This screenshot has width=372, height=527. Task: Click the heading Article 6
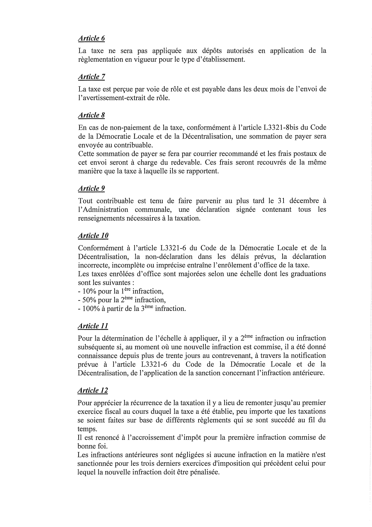point(91,38)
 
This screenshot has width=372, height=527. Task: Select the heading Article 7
point(91,77)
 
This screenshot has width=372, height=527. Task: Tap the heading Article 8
point(91,115)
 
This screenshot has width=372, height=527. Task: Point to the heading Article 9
point(91,189)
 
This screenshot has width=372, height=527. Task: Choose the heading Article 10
point(93,236)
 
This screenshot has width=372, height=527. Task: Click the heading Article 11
point(93,326)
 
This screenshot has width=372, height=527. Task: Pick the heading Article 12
point(93,390)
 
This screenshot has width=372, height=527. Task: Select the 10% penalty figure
point(88,291)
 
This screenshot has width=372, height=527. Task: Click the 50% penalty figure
point(88,300)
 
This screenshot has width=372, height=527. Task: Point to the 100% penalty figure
point(90,309)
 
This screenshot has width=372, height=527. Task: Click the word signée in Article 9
point(246,209)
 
